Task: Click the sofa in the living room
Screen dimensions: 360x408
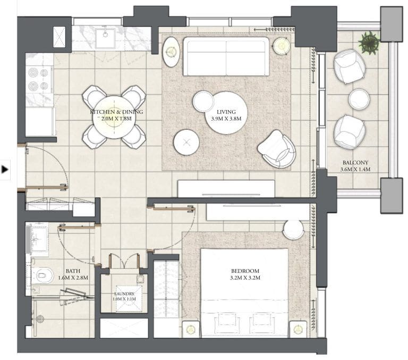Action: (x=226, y=56)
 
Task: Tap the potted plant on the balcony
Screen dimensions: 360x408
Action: (x=368, y=41)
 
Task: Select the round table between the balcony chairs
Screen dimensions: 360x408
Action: (x=359, y=99)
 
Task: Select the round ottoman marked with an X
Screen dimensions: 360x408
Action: (x=186, y=143)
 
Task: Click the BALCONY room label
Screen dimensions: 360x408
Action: (x=355, y=163)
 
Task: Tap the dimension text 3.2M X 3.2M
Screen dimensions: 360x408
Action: (x=245, y=278)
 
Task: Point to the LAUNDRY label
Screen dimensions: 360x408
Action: (x=124, y=294)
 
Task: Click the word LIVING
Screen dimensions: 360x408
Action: (x=222, y=112)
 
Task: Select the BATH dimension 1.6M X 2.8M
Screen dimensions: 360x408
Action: (x=73, y=278)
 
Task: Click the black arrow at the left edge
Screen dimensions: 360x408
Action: (x=5, y=170)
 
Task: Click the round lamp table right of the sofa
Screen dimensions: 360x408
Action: (x=280, y=45)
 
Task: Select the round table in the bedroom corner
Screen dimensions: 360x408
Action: (x=293, y=229)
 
